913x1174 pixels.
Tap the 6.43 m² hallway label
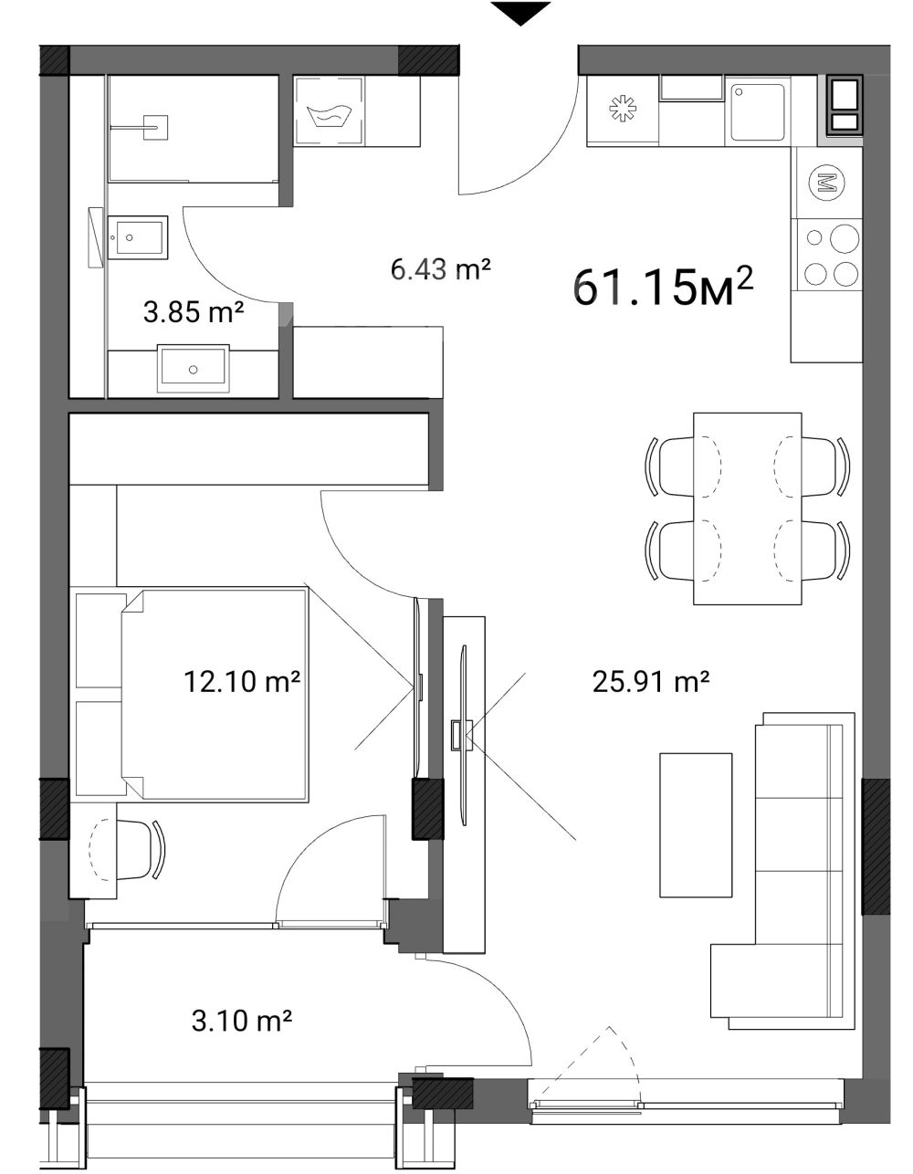[x=440, y=268]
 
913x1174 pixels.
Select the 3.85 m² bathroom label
[x=194, y=311]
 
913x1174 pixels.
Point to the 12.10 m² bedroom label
[x=241, y=681]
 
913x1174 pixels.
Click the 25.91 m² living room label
[x=650, y=681]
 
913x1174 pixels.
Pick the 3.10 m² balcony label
[x=241, y=1020]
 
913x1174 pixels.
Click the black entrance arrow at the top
[x=520, y=13]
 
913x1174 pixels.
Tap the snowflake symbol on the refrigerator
[x=623, y=110]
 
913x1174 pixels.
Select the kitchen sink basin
[x=757, y=112]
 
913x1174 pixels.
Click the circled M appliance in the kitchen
[x=827, y=183]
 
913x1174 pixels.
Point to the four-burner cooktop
[x=826, y=255]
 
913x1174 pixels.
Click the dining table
[x=747, y=508]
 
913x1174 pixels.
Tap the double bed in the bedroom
[x=215, y=695]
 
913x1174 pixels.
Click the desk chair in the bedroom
[x=138, y=849]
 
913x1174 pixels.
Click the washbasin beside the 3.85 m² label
[x=193, y=368]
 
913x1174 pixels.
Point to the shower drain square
[x=156, y=128]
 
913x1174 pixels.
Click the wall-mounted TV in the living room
[x=463, y=735]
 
